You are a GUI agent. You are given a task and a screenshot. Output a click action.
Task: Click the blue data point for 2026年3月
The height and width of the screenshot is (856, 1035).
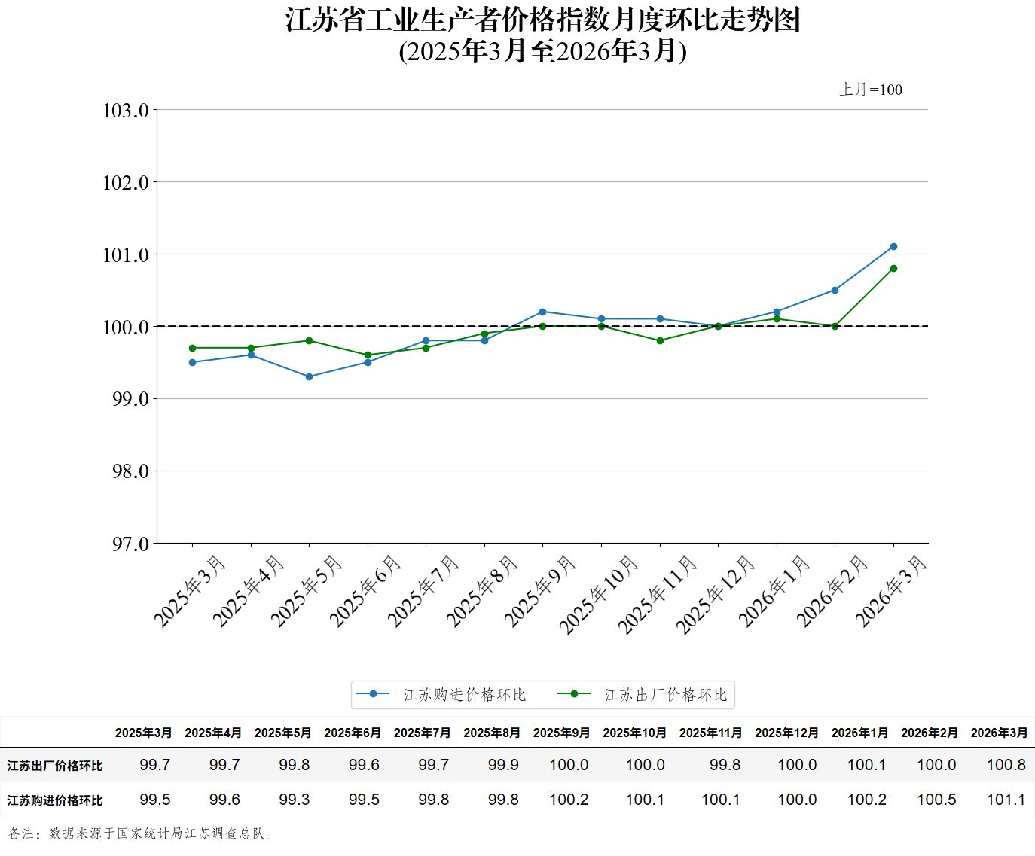(893, 247)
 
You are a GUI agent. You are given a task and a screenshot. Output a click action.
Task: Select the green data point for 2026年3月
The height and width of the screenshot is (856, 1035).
(893, 269)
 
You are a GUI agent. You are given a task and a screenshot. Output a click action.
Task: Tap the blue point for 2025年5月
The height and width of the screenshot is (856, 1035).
(310, 377)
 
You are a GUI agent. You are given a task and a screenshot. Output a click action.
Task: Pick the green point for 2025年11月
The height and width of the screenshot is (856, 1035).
(660, 341)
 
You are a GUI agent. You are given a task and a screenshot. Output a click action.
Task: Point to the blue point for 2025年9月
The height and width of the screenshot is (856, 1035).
(543, 312)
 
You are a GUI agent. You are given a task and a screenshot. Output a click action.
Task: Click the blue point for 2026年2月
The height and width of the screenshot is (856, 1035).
(835, 291)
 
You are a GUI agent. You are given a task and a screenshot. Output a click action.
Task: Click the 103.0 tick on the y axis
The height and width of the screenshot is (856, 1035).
(126, 111)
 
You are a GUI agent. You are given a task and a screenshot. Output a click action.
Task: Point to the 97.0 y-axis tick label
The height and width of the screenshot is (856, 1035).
(130, 544)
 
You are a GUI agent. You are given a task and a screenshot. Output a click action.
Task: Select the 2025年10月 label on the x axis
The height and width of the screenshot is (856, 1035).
(600, 594)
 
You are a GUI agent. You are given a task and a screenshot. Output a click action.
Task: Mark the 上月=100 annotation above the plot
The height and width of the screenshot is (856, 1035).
(871, 90)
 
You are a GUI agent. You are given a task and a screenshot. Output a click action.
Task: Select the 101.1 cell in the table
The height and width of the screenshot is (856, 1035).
(1006, 800)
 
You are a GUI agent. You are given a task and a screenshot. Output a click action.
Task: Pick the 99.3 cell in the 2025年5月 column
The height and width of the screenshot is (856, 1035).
(294, 800)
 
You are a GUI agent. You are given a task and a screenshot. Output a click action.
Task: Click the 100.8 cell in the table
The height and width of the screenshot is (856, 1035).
(1006, 765)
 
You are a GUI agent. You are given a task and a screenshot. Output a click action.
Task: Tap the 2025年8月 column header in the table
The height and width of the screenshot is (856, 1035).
(492, 733)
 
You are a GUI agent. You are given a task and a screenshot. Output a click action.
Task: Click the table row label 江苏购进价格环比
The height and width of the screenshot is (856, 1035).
(55, 800)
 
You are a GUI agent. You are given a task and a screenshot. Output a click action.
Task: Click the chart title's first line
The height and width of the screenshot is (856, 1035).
(542, 20)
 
